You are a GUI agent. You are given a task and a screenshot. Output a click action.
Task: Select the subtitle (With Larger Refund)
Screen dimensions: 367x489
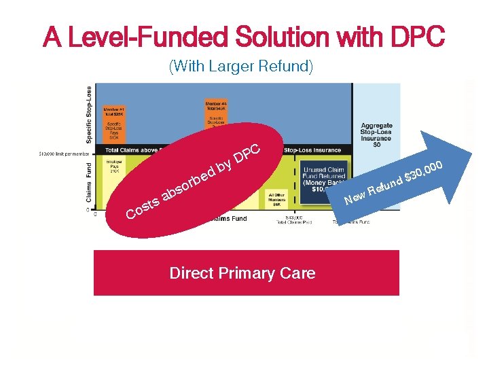[240, 67]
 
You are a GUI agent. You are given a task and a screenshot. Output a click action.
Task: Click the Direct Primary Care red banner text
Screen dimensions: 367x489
[242, 273]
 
